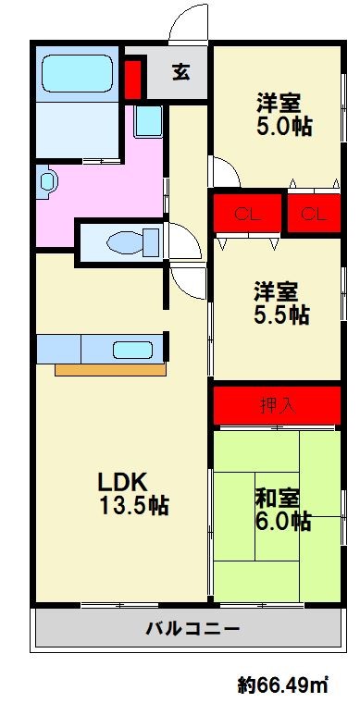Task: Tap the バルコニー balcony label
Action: [192, 630]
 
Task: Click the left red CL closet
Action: [245, 215]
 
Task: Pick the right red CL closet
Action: [313, 215]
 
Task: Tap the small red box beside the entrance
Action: [132, 79]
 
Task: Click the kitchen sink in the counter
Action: [131, 350]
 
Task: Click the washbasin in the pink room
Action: [45, 180]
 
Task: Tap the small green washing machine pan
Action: [147, 120]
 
